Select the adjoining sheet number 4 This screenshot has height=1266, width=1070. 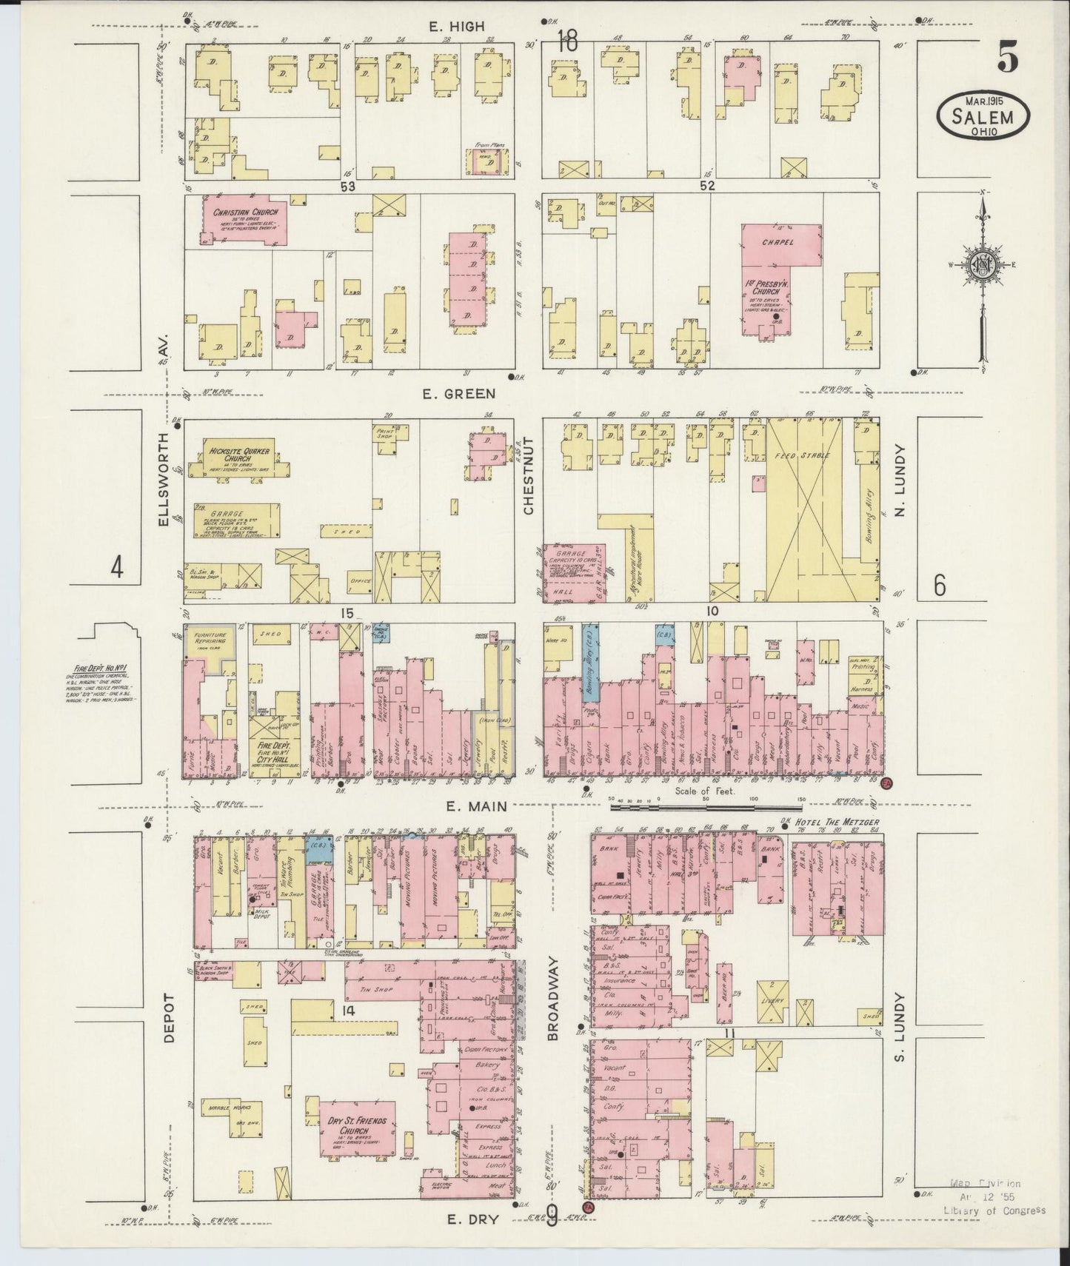117,569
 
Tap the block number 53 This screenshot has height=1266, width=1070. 348,187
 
